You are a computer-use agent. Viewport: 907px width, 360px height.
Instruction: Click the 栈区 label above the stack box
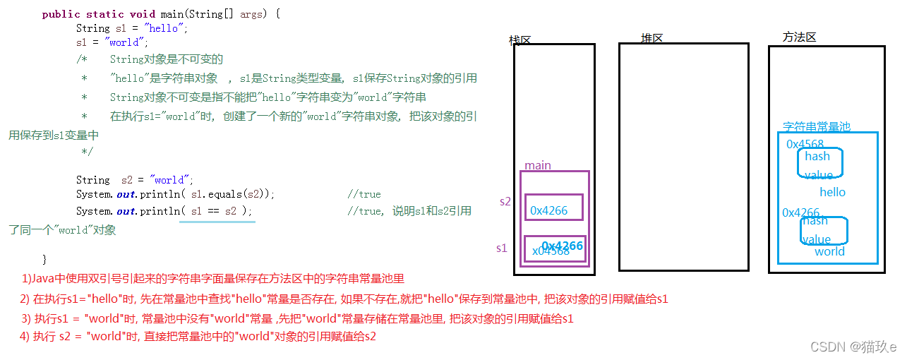coord(519,40)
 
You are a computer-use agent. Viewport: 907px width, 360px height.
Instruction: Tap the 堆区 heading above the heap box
coord(651,38)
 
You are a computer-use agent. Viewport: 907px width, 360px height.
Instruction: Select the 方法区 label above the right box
coord(799,37)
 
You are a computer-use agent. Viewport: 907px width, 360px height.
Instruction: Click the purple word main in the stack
coord(538,165)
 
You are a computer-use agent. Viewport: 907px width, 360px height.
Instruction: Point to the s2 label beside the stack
coord(505,201)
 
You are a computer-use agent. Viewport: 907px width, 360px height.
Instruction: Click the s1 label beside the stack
coord(501,248)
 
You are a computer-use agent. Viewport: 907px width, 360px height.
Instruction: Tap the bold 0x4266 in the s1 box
coord(563,246)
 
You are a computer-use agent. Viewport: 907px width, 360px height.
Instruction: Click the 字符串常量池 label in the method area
coord(817,127)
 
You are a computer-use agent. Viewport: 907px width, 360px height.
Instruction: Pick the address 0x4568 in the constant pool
coord(805,144)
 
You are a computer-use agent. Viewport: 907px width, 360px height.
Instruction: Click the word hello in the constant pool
coord(832,192)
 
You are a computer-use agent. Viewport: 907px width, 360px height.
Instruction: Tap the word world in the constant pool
coord(829,251)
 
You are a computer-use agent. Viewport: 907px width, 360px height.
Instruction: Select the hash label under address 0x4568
coord(817,156)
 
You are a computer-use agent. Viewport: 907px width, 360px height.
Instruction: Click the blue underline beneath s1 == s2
coord(217,221)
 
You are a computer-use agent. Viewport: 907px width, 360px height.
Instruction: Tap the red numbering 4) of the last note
coord(25,337)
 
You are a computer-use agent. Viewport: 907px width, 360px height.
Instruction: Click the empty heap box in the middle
coord(683,157)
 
